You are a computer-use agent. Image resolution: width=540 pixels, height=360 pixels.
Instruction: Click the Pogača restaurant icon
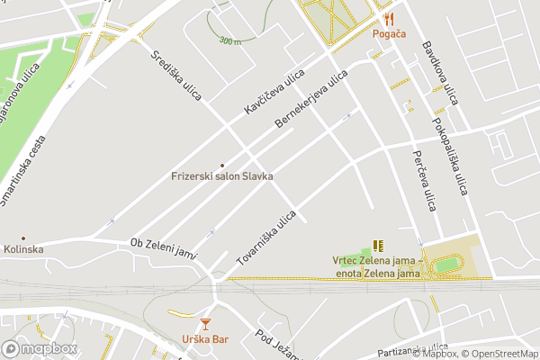tap(389, 19)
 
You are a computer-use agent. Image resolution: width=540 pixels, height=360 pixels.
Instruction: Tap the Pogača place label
tap(389, 34)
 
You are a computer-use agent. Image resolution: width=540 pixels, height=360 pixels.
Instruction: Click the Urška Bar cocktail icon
tap(205, 323)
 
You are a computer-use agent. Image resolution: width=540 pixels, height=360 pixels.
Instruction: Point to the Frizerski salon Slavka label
tap(221, 176)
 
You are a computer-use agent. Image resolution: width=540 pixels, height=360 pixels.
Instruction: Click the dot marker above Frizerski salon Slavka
tap(222, 165)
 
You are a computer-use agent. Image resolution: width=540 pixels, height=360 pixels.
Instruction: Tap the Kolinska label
tap(23, 249)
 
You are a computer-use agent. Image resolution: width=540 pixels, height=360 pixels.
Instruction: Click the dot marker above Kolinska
tap(23, 238)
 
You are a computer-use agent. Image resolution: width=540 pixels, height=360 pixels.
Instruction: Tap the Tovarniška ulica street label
tap(266, 237)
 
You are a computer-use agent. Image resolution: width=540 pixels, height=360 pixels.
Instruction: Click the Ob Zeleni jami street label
tap(164, 247)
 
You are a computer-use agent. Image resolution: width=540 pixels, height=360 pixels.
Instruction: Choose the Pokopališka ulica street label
tap(450, 156)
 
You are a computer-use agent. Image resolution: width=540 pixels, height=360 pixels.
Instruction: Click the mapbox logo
tap(39, 348)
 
